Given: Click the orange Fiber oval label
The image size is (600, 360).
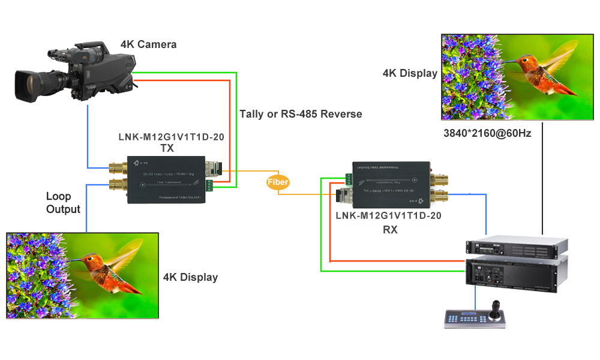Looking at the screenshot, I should pos(278,182).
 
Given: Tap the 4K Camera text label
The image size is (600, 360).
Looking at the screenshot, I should pos(148,44).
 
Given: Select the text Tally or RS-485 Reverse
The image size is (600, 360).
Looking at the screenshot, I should pos(301,114).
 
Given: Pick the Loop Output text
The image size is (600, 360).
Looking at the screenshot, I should pos(63,203).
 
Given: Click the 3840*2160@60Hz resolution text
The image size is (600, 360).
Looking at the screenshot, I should pos(486,133).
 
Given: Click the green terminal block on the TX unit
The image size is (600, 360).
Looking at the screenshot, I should pos(209,185).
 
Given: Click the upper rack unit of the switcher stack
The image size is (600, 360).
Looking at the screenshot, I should pos(517,247).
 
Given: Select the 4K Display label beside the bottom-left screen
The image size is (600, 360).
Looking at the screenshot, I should pos(190,277).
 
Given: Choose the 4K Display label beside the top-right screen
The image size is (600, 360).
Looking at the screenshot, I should pos(410,73).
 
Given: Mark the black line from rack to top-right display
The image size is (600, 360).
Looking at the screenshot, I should pos(542,180).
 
